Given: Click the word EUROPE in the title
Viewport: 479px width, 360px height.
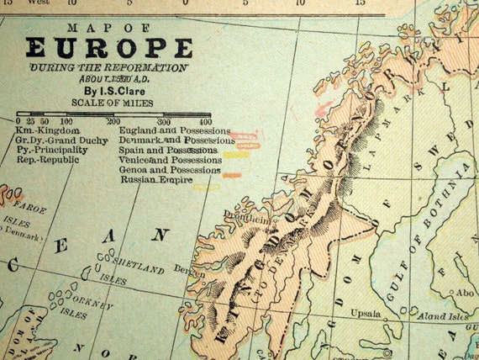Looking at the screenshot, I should [x=108, y=48].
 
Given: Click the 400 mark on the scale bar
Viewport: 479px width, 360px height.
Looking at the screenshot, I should [x=205, y=122].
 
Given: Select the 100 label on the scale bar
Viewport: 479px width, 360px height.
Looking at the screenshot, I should [x=66, y=122].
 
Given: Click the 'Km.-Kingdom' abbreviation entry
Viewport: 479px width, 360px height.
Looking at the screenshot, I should [x=49, y=131].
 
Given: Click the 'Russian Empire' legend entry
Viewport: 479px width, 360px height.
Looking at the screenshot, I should [x=156, y=179].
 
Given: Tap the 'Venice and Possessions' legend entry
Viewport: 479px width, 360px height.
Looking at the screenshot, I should [x=171, y=160].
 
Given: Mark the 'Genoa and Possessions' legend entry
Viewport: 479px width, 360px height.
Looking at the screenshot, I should [x=171, y=169].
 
